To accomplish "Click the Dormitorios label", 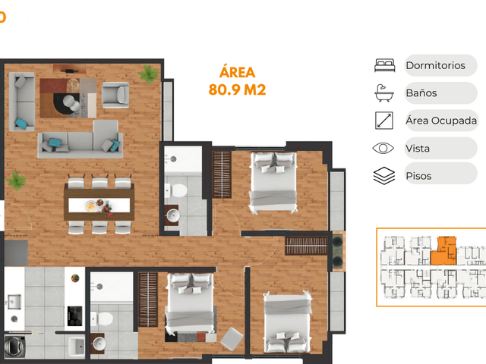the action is pyautogui.click(x=435, y=66).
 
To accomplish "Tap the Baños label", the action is pyautogui.click(x=421, y=93).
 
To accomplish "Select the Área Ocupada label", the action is pyautogui.click(x=441, y=121).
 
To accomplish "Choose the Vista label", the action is pyautogui.click(x=418, y=149).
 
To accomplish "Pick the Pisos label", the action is pyautogui.click(x=418, y=176).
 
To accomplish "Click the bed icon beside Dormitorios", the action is pyautogui.click(x=385, y=65).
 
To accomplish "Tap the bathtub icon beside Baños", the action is pyautogui.click(x=384, y=93).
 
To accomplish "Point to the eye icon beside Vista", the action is pyautogui.click(x=383, y=149).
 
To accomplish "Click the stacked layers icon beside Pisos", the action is pyautogui.click(x=384, y=175).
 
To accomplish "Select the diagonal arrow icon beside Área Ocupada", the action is pyautogui.click(x=384, y=121).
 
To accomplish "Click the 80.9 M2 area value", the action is pyautogui.click(x=237, y=89).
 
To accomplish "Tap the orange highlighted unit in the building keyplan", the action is pyautogui.click(x=443, y=251).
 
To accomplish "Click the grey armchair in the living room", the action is pyautogui.click(x=115, y=95).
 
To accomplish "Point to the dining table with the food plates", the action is pyautogui.click(x=99, y=203).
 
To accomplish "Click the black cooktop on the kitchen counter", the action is pyautogui.click(x=74, y=316).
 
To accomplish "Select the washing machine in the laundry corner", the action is pyautogui.click(x=14, y=346).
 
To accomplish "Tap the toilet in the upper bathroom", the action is pyautogui.click(x=175, y=190).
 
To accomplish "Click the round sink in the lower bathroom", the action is pyautogui.click(x=99, y=344).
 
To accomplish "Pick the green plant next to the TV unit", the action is pyautogui.click(x=148, y=74).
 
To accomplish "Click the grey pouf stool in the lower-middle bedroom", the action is pyautogui.click(x=232, y=339).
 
